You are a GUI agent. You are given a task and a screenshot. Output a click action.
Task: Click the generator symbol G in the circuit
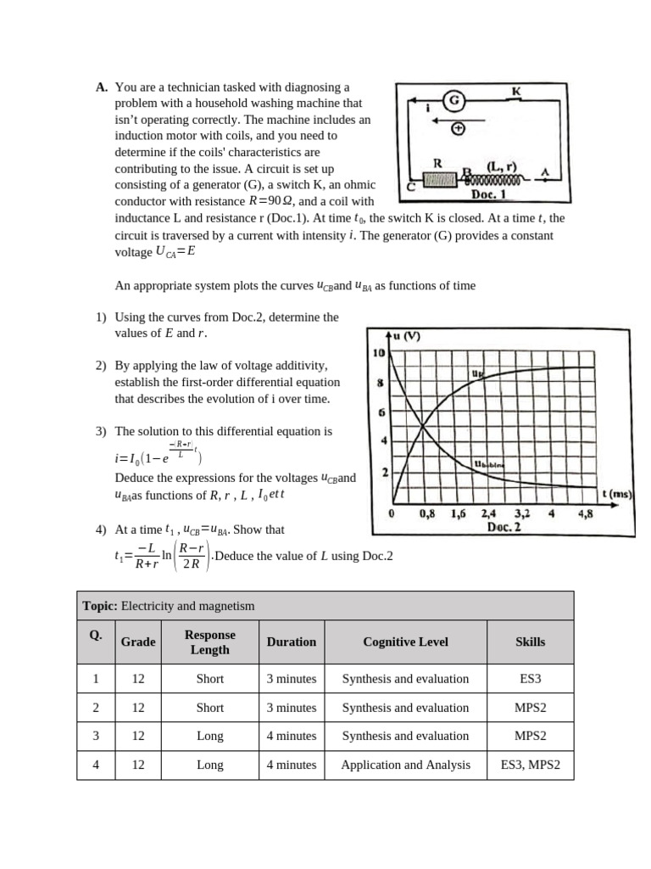(454, 100)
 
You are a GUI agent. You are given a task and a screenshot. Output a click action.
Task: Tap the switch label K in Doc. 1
(516, 90)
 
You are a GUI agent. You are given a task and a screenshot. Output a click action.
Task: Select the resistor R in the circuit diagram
(439, 179)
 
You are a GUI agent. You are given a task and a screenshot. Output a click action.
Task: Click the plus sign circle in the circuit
(459, 129)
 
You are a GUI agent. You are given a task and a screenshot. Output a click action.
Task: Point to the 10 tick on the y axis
(379, 352)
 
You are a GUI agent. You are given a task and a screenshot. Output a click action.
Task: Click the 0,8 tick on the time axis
(429, 513)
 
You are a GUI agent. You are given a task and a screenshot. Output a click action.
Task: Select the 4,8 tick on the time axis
(585, 513)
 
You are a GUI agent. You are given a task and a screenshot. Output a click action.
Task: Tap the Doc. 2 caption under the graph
(504, 527)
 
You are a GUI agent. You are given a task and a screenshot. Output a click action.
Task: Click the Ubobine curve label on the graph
(489, 464)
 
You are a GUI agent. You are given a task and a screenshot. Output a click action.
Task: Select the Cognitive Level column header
(405, 642)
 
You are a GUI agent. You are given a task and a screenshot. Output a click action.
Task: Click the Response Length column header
(209, 642)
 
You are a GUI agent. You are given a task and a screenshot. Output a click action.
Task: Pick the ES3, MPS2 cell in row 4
(530, 765)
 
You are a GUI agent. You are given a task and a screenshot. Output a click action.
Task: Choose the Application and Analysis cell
(405, 765)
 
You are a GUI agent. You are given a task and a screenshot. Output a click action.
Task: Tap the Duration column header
(291, 642)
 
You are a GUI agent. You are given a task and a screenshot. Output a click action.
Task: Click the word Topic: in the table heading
(100, 606)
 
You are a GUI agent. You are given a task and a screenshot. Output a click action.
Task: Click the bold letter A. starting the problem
(102, 87)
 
